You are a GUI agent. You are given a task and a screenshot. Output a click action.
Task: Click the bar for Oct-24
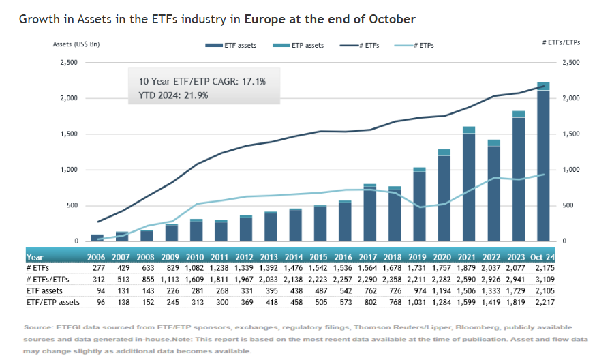pyautogui.click(x=543, y=164)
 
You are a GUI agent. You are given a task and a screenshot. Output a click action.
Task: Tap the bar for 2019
pyautogui.click(x=419, y=205)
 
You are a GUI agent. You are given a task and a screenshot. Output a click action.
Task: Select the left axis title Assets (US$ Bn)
pyautogui.click(x=77, y=44)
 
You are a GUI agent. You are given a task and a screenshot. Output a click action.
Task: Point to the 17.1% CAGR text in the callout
pyautogui.click(x=252, y=82)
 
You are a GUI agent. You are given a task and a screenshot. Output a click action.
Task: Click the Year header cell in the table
pyautogui.click(x=35, y=258)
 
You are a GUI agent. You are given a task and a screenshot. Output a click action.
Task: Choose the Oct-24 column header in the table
pyautogui.click(x=544, y=258)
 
